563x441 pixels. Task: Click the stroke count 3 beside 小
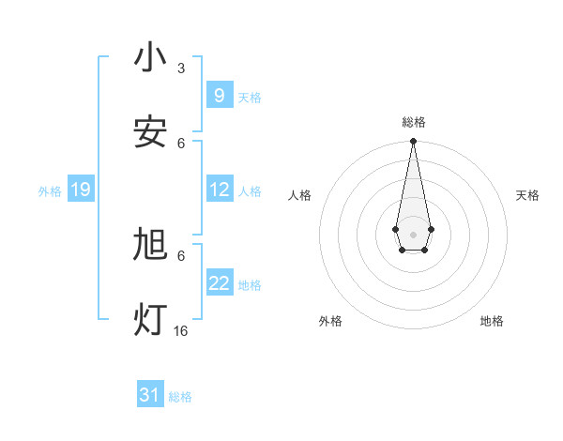(x=181, y=68)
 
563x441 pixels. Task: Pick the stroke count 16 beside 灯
(x=181, y=331)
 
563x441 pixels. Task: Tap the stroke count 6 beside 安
(x=181, y=143)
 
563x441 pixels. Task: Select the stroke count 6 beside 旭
(x=181, y=255)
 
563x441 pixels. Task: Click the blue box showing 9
(x=219, y=95)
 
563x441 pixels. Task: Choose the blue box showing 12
(x=219, y=190)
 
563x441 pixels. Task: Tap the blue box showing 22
(x=219, y=283)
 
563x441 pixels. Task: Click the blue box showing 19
(x=80, y=190)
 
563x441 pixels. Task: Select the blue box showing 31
(x=150, y=395)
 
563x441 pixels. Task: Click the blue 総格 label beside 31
(x=180, y=397)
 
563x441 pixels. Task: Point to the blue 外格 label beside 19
(x=50, y=191)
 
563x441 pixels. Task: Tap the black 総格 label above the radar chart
(x=413, y=122)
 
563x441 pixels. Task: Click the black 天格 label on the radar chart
(x=527, y=195)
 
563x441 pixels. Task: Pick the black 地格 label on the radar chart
(x=492, y=321)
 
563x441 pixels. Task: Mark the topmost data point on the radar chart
(x=413, y=142)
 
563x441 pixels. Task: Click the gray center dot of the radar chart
(x=413, y=234)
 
